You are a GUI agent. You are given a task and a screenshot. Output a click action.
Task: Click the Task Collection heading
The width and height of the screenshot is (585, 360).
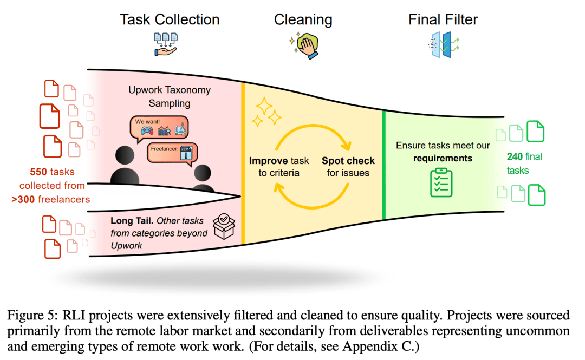[x=170, y=20]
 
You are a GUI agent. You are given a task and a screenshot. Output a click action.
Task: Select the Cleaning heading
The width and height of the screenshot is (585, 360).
[x=303, y=20]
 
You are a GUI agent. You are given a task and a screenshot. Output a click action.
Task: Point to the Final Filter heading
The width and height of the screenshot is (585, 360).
[x=443, y=20]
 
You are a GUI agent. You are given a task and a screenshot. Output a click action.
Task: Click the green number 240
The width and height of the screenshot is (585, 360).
[x=515, y=157]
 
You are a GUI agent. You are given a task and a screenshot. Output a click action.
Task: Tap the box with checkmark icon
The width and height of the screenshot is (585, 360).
[x=224, y=226]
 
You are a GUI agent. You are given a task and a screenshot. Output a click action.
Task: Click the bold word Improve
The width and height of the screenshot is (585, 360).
[x=270, y=160]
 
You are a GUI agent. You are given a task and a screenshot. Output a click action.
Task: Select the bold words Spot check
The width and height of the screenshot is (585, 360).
[x=348, y=160]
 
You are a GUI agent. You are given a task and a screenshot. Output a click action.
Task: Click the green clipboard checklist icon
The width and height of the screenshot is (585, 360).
[x=441, y=182]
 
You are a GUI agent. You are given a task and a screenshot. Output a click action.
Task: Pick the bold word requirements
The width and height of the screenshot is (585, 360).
[x=443, y=159]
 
